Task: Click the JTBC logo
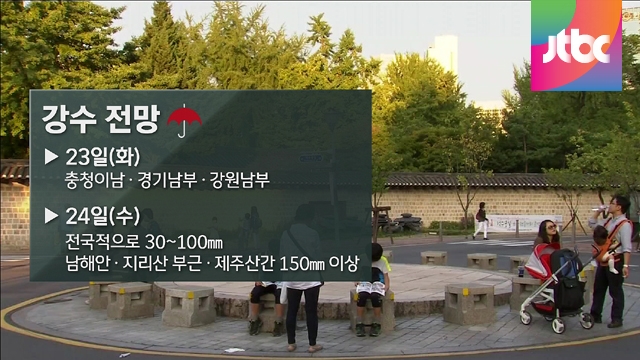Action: [576, 45]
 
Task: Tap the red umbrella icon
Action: [184, 120]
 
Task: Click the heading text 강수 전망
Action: [100, 119]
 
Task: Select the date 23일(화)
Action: [103, 156]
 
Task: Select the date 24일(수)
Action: [103, 216]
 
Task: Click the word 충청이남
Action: [94, 180]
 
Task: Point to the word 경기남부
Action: [167, 180]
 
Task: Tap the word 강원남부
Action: [240, 180]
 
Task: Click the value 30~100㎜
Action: [184, 242]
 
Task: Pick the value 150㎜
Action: [302, 264]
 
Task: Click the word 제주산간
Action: [244, 264]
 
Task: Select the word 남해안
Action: [87, 264]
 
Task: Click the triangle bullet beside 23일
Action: [51, 157]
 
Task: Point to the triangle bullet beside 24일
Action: [51, 216]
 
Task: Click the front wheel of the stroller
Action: [558, 325]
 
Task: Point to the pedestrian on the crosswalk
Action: [481, 220]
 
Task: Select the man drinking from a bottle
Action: [610, 261]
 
